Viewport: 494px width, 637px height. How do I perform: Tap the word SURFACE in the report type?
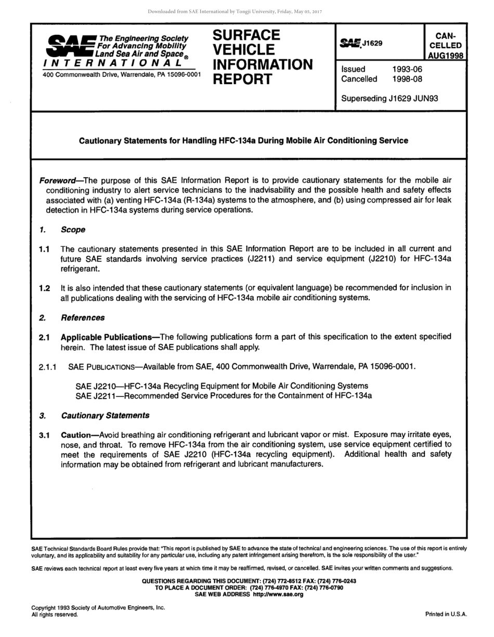pyautogui.click(x=246, y=35)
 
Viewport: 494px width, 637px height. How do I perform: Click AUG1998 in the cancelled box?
pyautogui.click(x=446, y=56)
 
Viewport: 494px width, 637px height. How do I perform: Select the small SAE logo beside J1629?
pyautogui.click(x=350, y=44)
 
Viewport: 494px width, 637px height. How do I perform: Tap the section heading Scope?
pyautogui.click(x=73, y=230)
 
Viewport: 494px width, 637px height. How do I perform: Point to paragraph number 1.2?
pyautogui.click(x=44, y=288)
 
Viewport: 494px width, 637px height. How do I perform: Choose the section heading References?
pyautogui.click(x=83, y=317)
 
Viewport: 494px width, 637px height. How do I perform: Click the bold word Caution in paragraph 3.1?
pyautogui.click(x=76, y=435)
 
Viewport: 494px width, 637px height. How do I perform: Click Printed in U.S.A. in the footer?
pyautogui.click(x=446, y=614)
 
